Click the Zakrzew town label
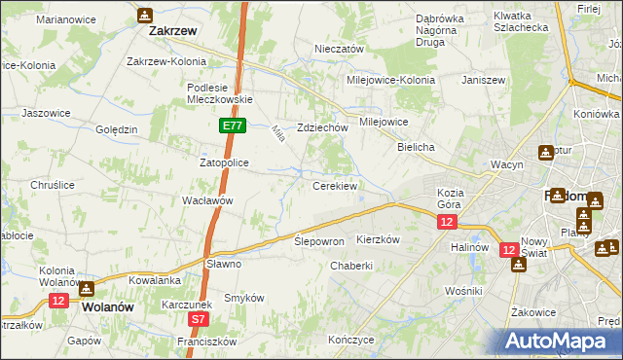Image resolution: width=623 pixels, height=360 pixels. point(173,30)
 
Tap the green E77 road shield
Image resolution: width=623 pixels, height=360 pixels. point(232,126)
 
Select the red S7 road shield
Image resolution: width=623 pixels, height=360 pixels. point(199,318)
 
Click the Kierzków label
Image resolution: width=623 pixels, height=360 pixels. point(379,239)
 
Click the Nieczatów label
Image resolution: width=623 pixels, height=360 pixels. point(339,49)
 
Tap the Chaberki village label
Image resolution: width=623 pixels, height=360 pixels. point(351,266)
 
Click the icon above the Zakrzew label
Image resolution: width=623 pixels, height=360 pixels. point(145,15)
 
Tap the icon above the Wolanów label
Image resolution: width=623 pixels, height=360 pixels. point(87,288)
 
